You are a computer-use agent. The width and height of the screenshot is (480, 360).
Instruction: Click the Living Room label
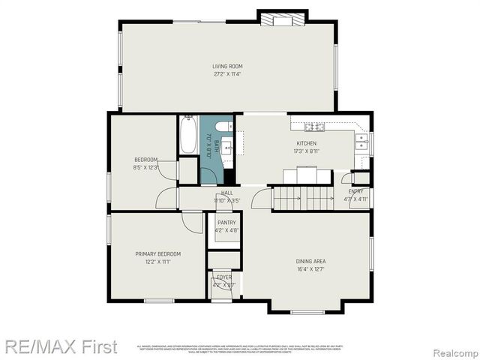tap(227, 67)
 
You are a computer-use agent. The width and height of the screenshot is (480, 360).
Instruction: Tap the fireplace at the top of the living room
tap(281, 19)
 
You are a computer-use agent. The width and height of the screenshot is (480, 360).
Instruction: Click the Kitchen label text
tap(306, 143)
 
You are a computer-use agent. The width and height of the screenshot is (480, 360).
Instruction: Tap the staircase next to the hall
tap(302, 198)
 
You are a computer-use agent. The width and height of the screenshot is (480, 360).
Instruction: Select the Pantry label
tap(226, 223)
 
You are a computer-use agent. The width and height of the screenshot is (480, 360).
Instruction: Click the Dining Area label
tap(310, 261)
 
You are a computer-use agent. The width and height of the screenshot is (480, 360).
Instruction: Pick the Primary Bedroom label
tap(157, 253)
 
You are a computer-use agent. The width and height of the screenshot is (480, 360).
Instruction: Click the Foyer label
tap(224, 277)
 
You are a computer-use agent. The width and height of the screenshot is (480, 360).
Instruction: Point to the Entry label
tap(355, 191)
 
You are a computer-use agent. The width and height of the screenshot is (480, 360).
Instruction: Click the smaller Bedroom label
tap(145, 159)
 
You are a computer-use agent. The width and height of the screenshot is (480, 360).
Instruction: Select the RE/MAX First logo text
tap(60, 346)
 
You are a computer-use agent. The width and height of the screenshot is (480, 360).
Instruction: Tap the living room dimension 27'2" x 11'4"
tap(227, 74)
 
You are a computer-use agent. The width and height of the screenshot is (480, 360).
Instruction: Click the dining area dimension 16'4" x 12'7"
tap(310, 268)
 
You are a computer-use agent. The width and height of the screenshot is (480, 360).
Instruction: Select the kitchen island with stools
tap(307, 175)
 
